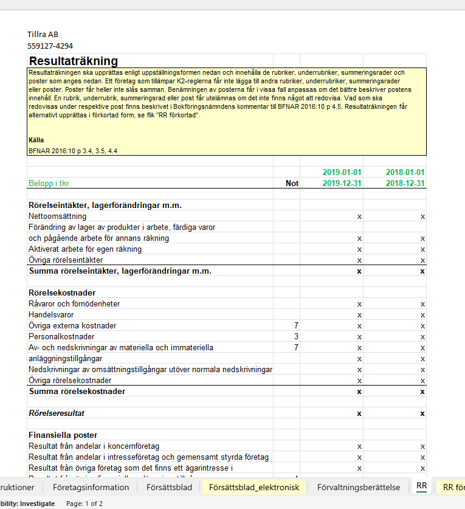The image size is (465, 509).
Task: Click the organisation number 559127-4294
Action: click(x=50, y=45)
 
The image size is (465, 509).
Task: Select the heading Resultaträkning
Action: click(x=74, y=61)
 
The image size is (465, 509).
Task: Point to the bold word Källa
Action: click(x=36, y=140)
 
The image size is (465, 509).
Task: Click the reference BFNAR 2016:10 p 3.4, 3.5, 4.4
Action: click(x=72, y=150)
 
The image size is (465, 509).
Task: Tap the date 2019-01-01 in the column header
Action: click(x=342, y=172)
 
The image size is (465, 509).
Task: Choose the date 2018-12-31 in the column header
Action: click(x=405, y=183)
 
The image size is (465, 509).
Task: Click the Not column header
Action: click(x=292, y=183)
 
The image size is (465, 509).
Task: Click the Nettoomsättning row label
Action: click(x=57, y=216)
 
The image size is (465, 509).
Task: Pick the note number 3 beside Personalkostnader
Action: click(x=296, y=336)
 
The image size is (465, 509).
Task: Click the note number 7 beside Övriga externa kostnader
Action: click(x=296, y=325)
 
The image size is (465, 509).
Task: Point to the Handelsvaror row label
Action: click(x=51, y=314)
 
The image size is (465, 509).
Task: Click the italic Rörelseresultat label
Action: click(x=57, y=413)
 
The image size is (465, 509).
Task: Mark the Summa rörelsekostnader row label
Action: click(x=77, y=391)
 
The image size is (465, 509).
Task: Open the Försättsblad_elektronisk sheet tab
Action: click(x=254, y=487)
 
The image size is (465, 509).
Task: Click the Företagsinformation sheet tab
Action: click(x=91, y=487)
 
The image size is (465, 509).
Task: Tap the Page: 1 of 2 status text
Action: click(x=84, y=504)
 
